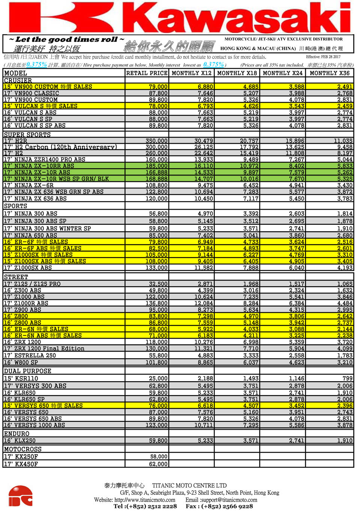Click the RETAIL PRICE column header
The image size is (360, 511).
coord(147,73)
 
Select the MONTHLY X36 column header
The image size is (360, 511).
coord(329,73)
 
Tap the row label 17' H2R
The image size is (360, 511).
coord(15,141)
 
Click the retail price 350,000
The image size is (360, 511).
coord(156,141)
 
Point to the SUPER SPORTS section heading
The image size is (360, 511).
coord(27,134)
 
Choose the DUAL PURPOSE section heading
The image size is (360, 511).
coord(27,371)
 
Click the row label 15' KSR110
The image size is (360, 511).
coord(21,378)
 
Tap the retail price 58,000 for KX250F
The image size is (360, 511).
coord(159,457)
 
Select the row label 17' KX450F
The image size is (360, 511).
coord(21,464)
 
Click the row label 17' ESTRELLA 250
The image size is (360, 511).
coord(30,355)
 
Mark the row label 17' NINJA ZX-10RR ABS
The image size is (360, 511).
coord(39,166)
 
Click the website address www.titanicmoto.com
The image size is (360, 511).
coord(145,500)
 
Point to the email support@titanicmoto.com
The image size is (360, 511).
coord(229,500)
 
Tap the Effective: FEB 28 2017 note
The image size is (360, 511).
coord(323,57)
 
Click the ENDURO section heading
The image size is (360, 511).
coord(16,433)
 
